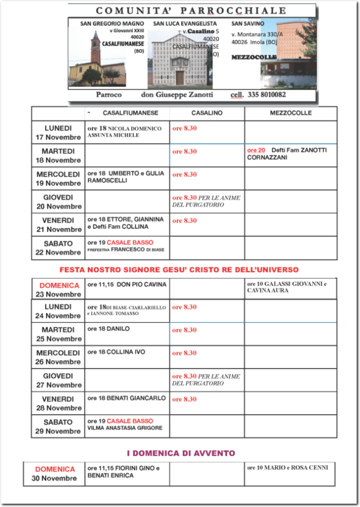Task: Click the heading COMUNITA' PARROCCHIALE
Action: point(192,11)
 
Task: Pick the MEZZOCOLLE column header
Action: point(291,113)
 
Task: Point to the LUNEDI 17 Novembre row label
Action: point(58,133)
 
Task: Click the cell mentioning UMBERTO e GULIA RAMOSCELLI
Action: point(126,177)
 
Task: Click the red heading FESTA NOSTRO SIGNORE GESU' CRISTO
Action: point(179,270)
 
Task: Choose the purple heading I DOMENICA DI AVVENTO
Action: point(181,454)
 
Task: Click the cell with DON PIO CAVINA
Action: point(127,285)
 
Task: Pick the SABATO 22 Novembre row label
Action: point(58,248)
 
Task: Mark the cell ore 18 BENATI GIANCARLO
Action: point(127,398)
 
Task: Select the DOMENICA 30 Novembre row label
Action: point(54,474)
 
